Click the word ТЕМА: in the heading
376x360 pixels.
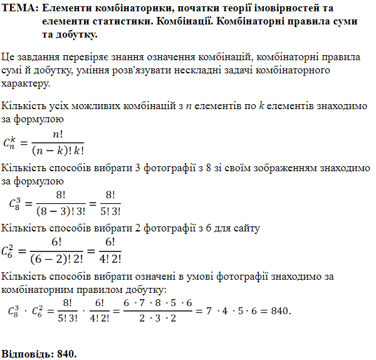point(21,9)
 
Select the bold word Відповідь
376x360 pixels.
point(26,354)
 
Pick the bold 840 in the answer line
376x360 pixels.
point(66,354)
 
